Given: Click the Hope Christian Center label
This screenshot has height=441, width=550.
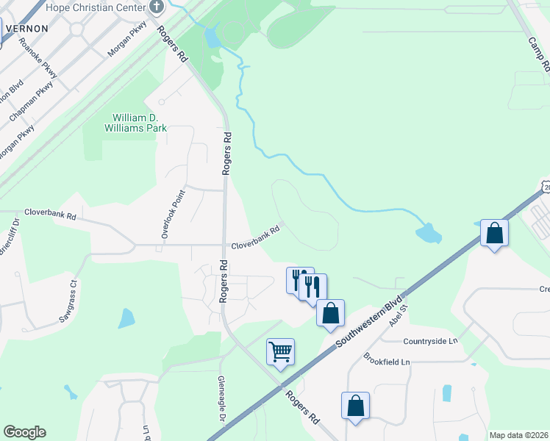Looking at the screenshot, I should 96,7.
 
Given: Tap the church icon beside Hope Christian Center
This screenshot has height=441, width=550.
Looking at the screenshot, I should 156,7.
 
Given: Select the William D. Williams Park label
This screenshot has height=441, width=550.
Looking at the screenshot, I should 139,123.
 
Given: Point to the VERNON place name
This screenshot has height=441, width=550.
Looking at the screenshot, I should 26,28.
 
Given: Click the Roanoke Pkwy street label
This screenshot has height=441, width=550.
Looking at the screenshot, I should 39,57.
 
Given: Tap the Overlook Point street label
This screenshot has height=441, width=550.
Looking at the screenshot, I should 175,213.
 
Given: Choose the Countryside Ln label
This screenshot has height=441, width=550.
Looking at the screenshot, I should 430,341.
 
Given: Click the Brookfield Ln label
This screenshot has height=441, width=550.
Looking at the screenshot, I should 386,359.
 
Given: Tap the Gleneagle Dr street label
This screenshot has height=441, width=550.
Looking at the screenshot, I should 221,399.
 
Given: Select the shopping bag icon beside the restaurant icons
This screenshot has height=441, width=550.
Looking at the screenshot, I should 331,312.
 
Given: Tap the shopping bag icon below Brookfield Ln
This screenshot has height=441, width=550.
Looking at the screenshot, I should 356,406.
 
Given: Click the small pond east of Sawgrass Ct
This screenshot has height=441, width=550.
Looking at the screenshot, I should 126,318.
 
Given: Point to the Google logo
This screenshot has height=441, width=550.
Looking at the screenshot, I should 24,432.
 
